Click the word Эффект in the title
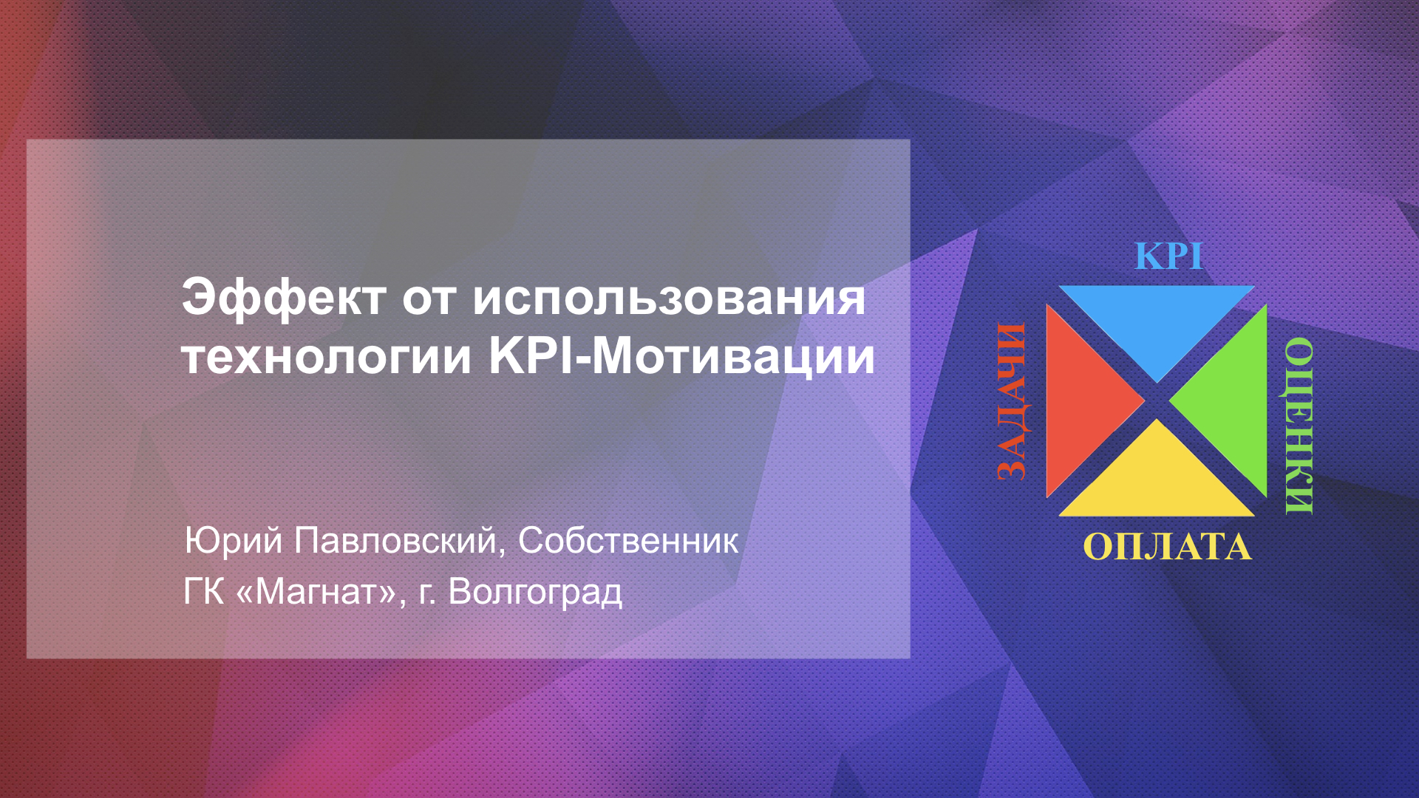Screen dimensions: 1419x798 tap(284, 299)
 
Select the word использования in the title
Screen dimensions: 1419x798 tap(669, 299)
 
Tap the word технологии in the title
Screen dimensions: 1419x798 tap(327, 357)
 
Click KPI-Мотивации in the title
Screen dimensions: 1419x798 tap(682, 357)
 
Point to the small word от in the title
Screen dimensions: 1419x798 tap(429, 300)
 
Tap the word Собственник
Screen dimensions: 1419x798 tap(628, 541)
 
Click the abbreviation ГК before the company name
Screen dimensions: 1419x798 tap(204, 592)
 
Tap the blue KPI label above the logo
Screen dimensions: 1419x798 tap(1168, 256)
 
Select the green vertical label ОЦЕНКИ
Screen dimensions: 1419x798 tap(1299, 426)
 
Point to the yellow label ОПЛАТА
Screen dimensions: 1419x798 tap(1167, 548)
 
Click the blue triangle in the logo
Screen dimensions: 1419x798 tap(1157, 318)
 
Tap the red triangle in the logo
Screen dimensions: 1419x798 tap(1080, 401)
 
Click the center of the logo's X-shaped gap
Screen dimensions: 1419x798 tap(1157, 401)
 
